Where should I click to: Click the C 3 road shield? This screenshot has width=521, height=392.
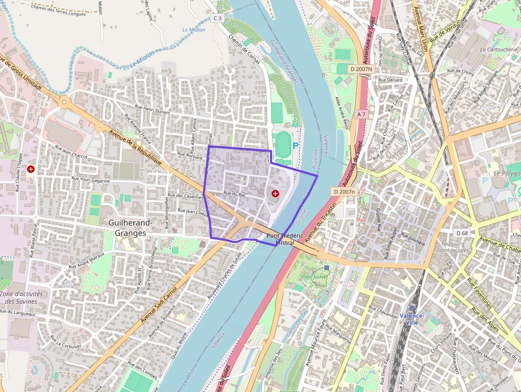[x=217, y=18]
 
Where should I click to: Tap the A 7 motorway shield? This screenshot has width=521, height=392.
[x=362, y=114]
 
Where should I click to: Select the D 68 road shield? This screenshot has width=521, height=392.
[x=461, y=233]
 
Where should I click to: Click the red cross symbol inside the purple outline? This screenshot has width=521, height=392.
[x=275, y=194]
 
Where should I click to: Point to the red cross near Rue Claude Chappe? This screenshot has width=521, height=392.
[x=31, y=169]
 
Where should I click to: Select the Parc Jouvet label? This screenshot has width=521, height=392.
[x=314, y=277]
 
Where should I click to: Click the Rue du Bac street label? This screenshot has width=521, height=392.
[x=234, y=195]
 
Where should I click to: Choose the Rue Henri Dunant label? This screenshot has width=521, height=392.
[x=152, y=109]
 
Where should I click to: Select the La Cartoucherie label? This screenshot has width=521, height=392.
[x=498, y=49]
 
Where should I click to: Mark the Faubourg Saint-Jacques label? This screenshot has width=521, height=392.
[x=453, y=246]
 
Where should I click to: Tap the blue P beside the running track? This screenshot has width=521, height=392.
[x=296, y=145]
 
